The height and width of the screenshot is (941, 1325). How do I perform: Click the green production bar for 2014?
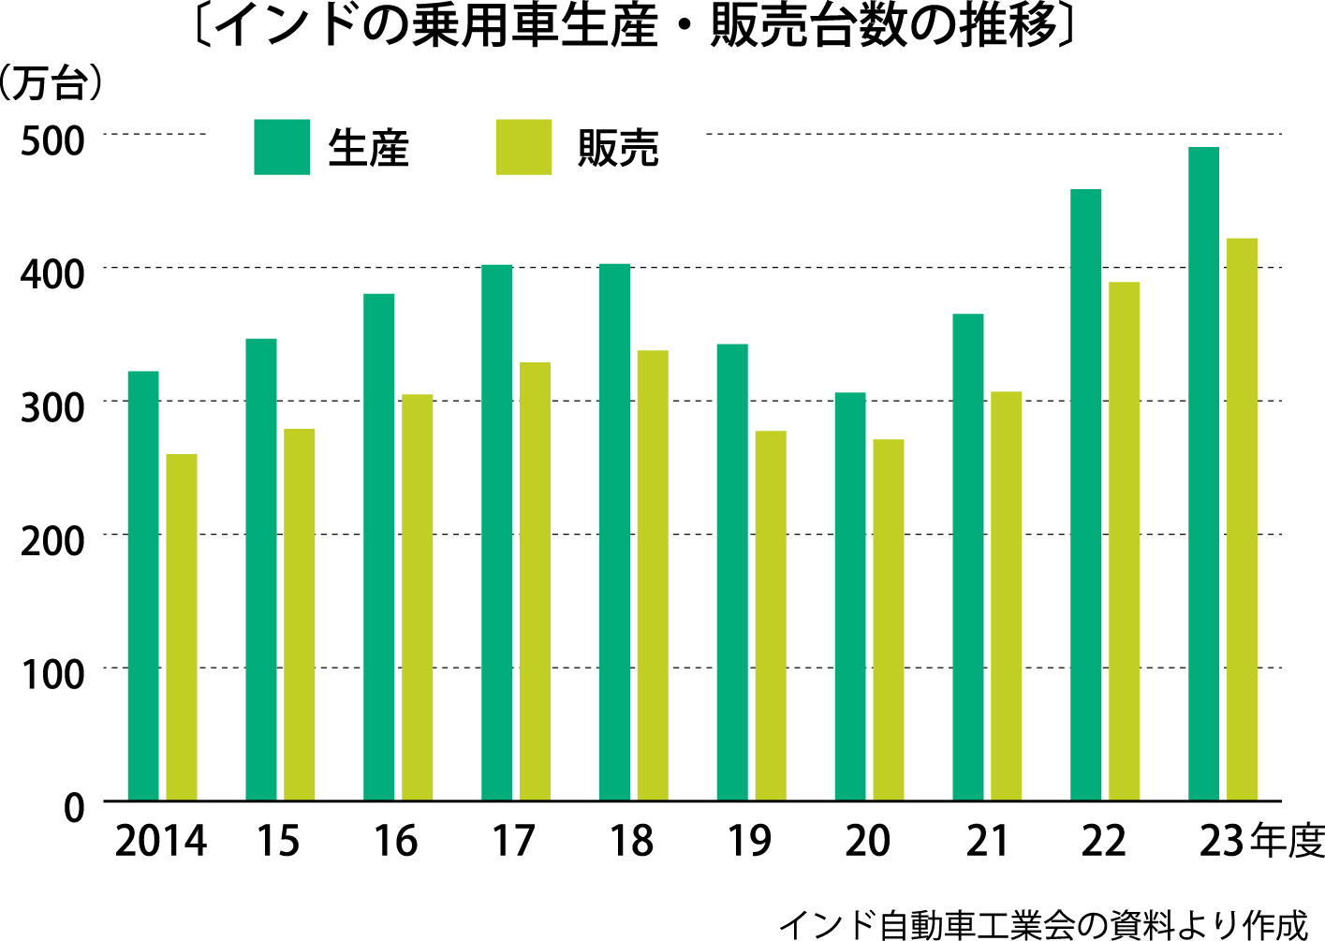pyautogui.click(x=143, y=585)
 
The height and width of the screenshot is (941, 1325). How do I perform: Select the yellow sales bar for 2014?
pyautogui.click(x=182, y=627)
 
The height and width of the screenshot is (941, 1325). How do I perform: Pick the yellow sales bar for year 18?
pyautogui.click(x=653, y=575)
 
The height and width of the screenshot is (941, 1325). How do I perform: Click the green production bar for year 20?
pyautogui.click(x=850, y=596)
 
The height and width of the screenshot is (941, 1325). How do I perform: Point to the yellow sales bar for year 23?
pyautogui.click(x=1242, y=519)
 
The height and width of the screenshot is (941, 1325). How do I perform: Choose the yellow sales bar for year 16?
pyautogui.click(x=417, y=596)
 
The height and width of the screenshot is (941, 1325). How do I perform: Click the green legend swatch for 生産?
pyautogui.click(x=281, y=147)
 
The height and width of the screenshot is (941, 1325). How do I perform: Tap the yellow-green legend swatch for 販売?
pyautogui.click(x=523, y=147)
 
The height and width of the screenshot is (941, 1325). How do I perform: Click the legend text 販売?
pyautogui.click(x=618, y=148)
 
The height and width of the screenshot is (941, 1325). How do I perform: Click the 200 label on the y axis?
pyautogui.click(x=52, y=540)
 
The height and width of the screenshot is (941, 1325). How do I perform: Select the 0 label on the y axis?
pyautogui.click(x=74, y=807)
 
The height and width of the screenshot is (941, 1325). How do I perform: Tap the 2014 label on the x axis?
pyautogui.click(x=160, y=841)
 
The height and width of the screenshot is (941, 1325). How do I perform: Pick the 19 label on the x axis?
pyautogui.click(x=749, y=841)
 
